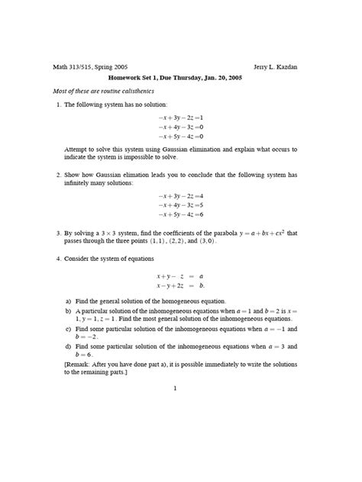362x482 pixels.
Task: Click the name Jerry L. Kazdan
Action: pos(275,66)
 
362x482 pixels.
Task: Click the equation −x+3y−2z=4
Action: pos(181,197)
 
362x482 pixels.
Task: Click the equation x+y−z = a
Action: pos(181,276)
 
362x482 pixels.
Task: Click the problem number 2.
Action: pos(59,175)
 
